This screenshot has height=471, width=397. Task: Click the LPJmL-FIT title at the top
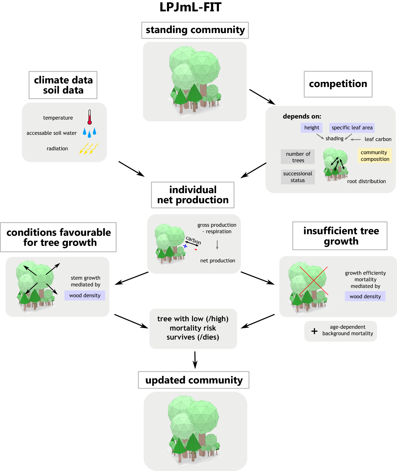pos(190,7)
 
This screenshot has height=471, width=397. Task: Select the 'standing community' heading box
pos(195,30)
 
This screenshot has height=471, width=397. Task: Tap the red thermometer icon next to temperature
pos(89,117)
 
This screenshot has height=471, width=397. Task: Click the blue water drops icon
pos(89,132)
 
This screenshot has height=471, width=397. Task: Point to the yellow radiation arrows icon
pos(89,149)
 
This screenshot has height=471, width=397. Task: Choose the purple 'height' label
pos(311,128)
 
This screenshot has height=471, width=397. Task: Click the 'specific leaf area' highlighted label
pos(352,128)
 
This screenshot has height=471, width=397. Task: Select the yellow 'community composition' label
pos(375,156)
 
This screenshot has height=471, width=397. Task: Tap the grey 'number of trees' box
pos(298,157)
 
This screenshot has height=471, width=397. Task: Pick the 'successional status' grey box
pos(298,177)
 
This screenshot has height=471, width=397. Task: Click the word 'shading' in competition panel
pos(334,138)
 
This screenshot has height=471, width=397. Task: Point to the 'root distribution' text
pos(366,181)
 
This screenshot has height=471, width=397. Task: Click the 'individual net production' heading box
pos(193,195)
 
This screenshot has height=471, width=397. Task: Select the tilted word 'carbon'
pos(193,240)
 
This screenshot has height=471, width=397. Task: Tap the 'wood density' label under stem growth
pos(85,295)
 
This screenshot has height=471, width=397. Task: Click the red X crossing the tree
pos(314,281)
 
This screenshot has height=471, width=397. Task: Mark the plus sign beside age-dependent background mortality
pos(314,331)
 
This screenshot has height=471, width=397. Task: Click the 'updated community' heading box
pos(194,380)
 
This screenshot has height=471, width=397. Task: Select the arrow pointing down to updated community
pos(195,360)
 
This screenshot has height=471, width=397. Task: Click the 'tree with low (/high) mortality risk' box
pos(193,328)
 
